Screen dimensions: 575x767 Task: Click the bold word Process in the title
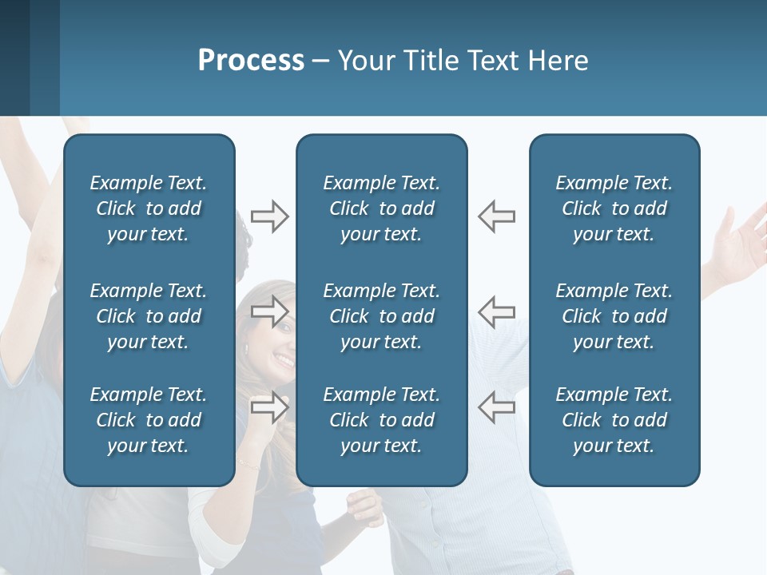click(251, 61)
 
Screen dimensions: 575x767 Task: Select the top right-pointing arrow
click(269, 216)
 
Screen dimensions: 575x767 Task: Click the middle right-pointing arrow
click(269, 311)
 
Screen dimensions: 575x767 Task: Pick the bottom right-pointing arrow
click(269, 406)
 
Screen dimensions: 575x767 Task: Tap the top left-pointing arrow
click(496, 216)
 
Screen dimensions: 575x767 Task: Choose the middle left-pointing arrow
click(496, 311)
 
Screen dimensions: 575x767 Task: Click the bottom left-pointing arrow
click(496, 406)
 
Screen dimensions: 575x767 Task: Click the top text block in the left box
click(149, 208)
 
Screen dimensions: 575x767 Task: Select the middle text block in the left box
click(149, 316)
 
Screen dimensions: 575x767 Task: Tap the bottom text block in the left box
click(149, 420)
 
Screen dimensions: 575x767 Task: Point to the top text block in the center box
click(381, 208)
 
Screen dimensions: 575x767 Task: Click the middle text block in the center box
click(381, 316)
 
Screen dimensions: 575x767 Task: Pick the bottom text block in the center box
click(381, 420)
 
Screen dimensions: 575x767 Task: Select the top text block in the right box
click(614, 208)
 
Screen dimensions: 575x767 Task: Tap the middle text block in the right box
click(614, 316)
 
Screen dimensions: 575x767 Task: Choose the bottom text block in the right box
click(614, 420)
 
